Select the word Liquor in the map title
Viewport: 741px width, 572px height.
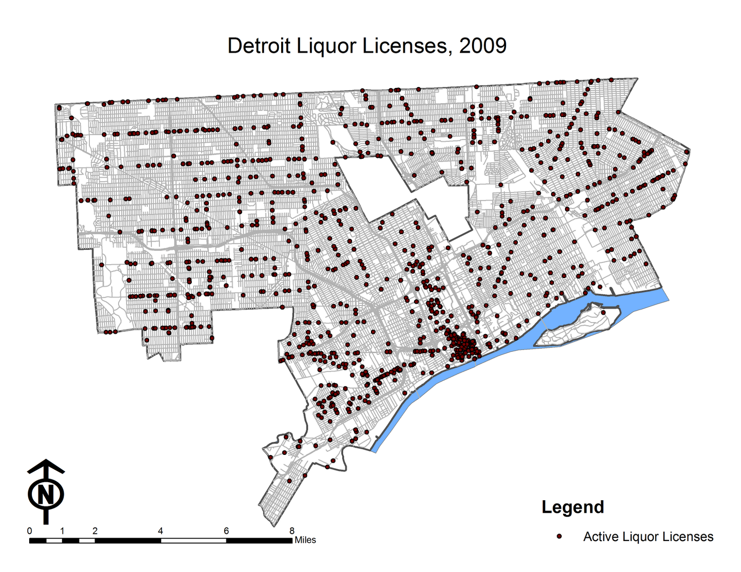coord(323,46)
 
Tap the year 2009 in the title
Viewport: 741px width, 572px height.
coord(483,46)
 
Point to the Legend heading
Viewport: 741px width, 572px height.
coord(572,507)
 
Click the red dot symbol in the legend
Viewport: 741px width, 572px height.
coord(559,536)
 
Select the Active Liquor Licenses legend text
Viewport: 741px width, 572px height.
coord(648,537)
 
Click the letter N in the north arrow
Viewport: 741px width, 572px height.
coord(45,494)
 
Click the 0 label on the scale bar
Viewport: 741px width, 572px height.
coord(30,531)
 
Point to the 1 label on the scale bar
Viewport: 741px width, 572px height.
coord(62,531)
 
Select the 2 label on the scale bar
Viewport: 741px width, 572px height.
coord(95,531)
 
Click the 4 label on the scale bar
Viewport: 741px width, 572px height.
coord(161,531)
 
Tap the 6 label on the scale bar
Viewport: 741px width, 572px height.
coord(226,531)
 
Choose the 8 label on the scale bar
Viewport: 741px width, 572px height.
coord(292,531)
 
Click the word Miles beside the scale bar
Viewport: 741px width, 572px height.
coord(305,540)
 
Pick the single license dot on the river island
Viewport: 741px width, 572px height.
coord(603,312)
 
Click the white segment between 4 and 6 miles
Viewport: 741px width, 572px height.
coord(194,541)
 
